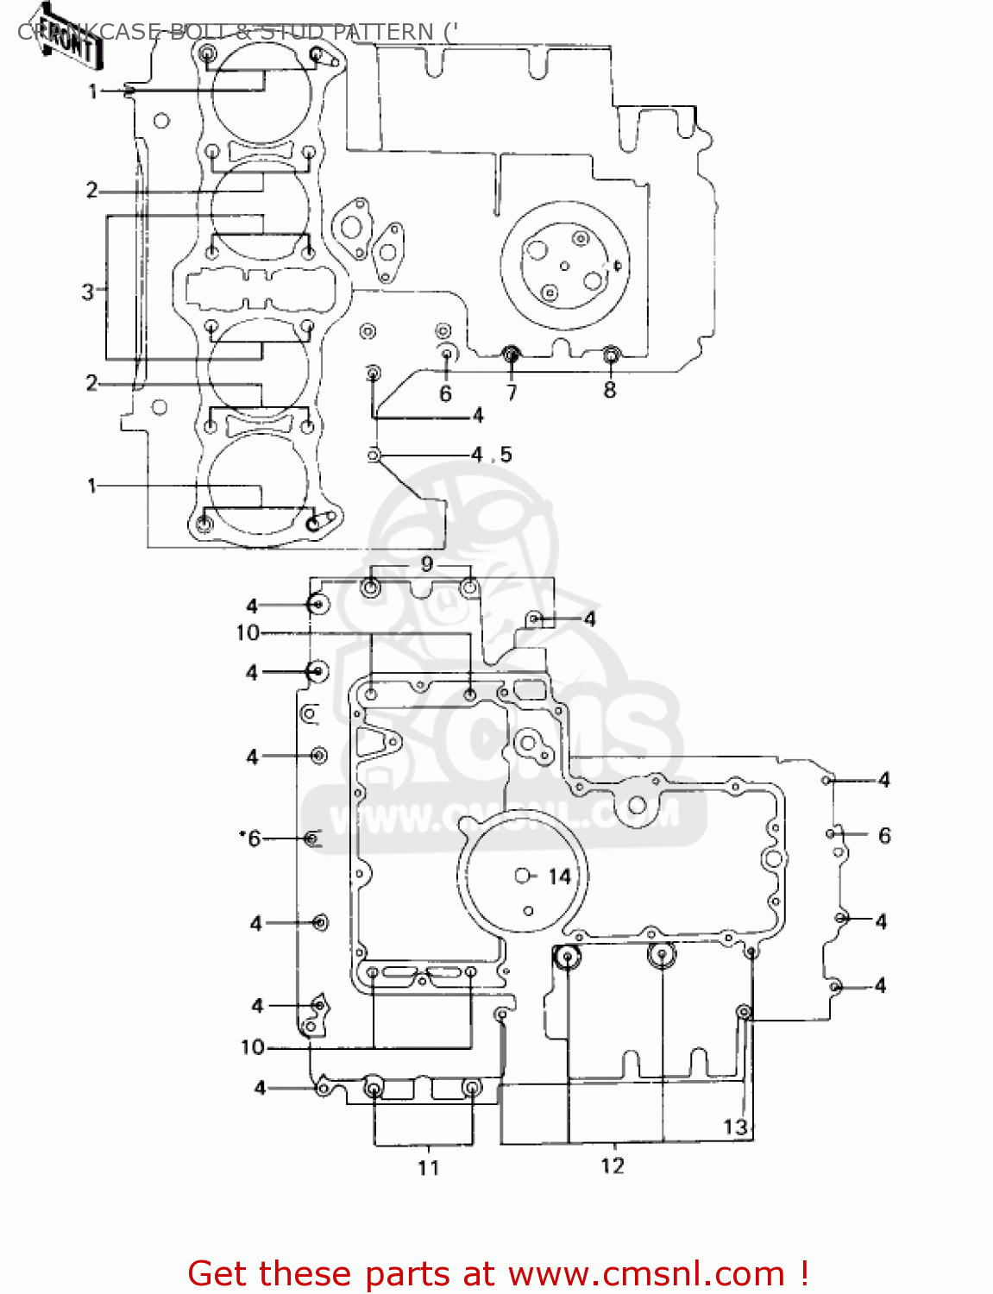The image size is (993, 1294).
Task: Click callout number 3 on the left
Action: (x=88, y=292)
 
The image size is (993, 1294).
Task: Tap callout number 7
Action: (x=512, y=393)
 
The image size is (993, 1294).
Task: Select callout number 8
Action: (x=610, y=390)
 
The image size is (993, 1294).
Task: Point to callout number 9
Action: (x=427, y=565)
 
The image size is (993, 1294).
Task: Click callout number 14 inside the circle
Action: (x=559, y=877)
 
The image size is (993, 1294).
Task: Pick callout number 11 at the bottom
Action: (x=429, y=1168)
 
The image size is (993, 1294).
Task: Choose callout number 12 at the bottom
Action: (x=613, y=1166)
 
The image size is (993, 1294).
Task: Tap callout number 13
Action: (x=734, y=1127)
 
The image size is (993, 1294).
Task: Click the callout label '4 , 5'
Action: (x=492, y=455)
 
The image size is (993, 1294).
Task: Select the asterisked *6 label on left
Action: (x=250, y=839)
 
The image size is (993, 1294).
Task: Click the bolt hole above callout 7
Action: (x=512, y=353)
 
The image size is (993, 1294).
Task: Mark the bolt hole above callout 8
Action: (x=611, y=353)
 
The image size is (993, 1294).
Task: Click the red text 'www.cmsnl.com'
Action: (x=646, y=1274)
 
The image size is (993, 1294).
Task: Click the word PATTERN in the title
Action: (x=384, y=32)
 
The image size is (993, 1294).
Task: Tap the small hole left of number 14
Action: (x=522, y=876)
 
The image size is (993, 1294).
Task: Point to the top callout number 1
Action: (x=93, y=91)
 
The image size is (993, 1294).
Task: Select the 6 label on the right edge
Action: (x=884, y=835)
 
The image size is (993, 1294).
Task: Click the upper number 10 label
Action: (x=248, y=633)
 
